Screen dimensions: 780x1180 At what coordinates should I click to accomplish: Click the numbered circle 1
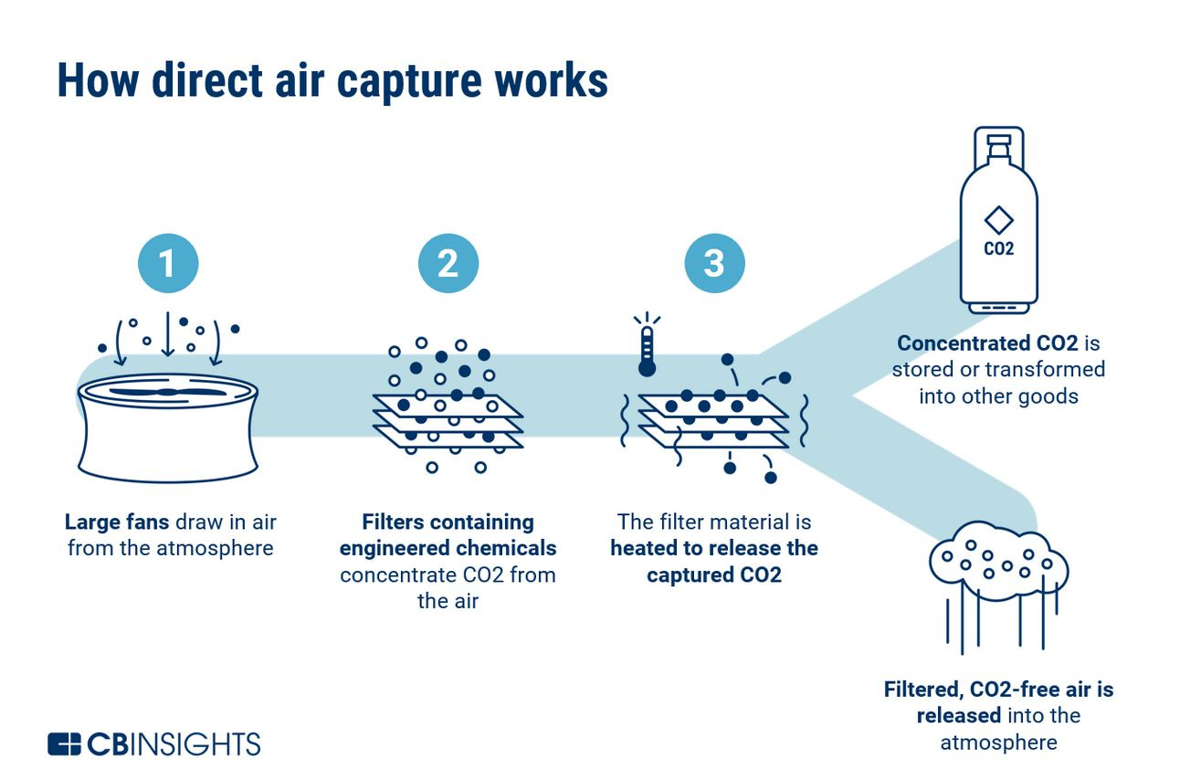[167, 264]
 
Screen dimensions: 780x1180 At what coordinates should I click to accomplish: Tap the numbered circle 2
[448, 264]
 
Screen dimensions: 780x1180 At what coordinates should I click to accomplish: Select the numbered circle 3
[714, 264]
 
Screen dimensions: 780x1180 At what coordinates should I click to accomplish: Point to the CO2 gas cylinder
[998, 228]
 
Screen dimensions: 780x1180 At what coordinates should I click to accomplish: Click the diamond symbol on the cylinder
[998, 220]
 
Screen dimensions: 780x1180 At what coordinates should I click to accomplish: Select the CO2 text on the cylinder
[998, 248]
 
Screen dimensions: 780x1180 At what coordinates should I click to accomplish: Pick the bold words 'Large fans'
[117, 522]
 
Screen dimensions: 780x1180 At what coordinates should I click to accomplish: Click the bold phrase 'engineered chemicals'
[448, 549]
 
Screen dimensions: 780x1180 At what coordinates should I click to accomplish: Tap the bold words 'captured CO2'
[714, 575]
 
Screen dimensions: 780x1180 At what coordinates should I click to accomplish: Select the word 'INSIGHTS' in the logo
[199, 743]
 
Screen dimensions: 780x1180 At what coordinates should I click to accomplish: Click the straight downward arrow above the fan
[167, 335]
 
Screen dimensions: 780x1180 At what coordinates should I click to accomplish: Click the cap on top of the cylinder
[998, 142]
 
